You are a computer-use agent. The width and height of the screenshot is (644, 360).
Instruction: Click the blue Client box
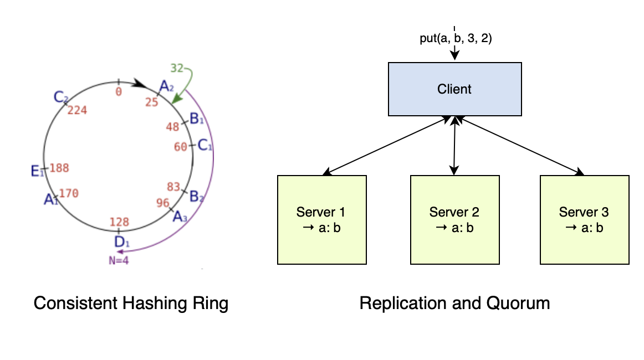point(454,89)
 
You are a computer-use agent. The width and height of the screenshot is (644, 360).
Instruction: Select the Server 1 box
point(321,219)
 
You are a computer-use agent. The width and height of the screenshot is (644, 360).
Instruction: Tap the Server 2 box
point(454,219)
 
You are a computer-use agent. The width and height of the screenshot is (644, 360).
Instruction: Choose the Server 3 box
point(584,219)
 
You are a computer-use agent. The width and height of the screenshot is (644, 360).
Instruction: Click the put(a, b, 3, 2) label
point(454,39)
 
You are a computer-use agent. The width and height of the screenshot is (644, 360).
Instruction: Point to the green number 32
point(177,68)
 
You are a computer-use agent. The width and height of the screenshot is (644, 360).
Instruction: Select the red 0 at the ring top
point(118,92)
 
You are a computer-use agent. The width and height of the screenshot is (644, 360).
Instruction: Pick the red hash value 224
point(77,110)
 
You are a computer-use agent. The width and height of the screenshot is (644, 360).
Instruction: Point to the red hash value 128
point(119,222)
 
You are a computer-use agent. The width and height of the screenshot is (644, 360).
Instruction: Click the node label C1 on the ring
point(205,146)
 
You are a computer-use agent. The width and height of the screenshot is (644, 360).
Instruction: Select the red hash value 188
point(59,168)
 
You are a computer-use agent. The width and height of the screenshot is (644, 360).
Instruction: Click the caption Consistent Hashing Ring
point(131,303)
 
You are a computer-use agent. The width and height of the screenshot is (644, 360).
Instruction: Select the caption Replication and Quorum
point(454,303)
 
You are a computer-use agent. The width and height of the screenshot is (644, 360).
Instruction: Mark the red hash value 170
point(69,193)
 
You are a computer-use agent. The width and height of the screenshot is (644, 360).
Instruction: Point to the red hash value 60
point(181,147)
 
